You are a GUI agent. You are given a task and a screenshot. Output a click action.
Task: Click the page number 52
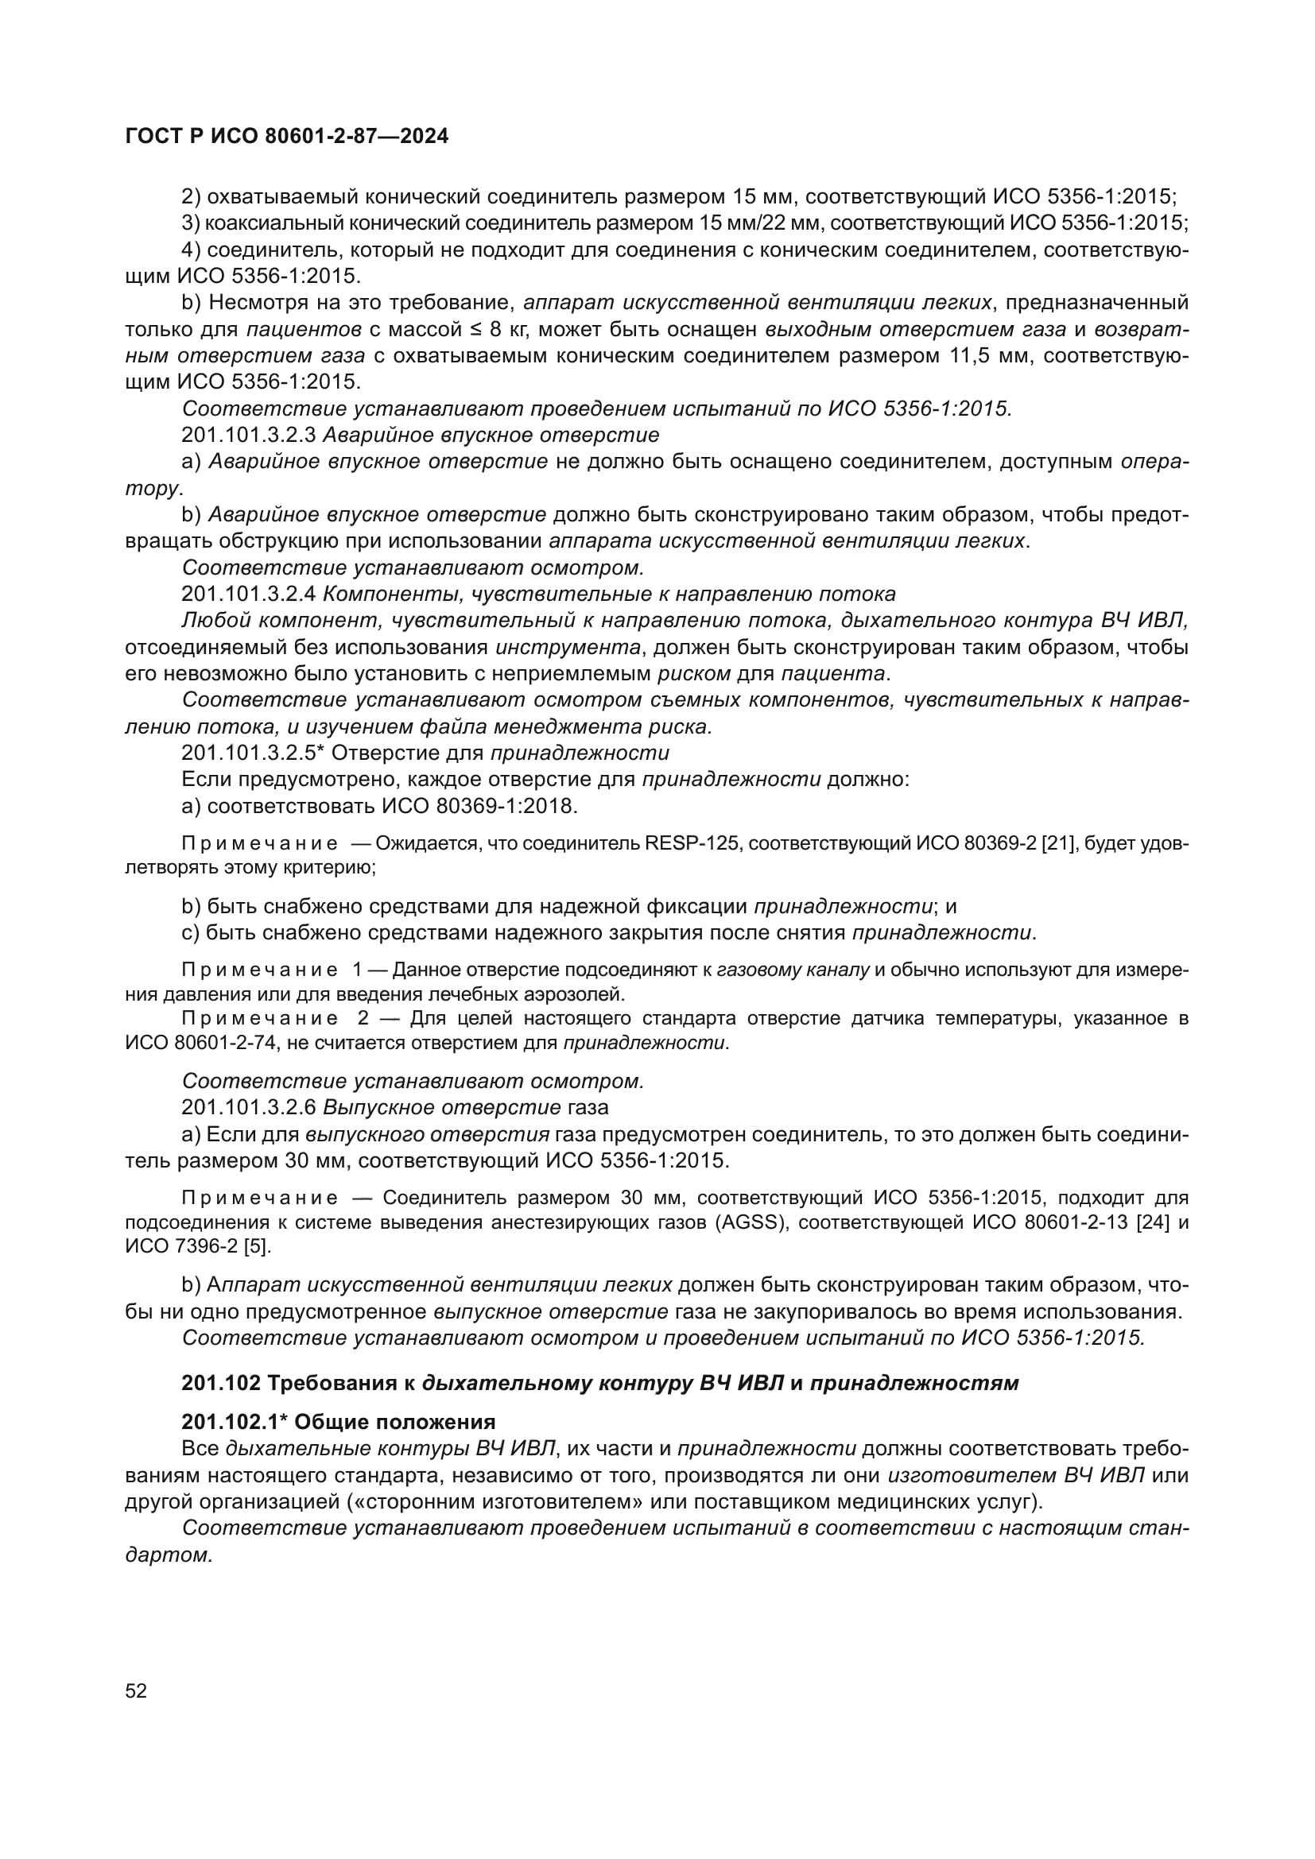(x=136, y=1691)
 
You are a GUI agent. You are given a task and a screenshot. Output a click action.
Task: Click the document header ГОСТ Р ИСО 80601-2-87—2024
(x=287, y=137)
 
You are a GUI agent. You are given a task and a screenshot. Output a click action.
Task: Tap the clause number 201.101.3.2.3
(x=249, y=435)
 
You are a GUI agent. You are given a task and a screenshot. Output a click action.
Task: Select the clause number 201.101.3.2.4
(x=249, y=594)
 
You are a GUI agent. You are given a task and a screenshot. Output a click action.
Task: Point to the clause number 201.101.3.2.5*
(x=254, y=752)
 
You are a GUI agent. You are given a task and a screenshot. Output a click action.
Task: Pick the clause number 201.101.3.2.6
(x=249, y=1107)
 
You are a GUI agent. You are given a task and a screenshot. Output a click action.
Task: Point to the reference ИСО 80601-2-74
(x=200, y=1043)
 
